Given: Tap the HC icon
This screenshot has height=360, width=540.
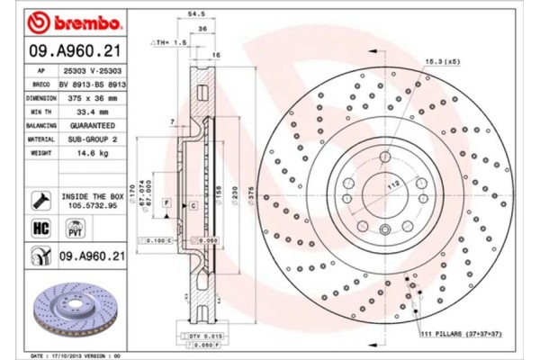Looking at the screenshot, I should pos(40,229).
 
